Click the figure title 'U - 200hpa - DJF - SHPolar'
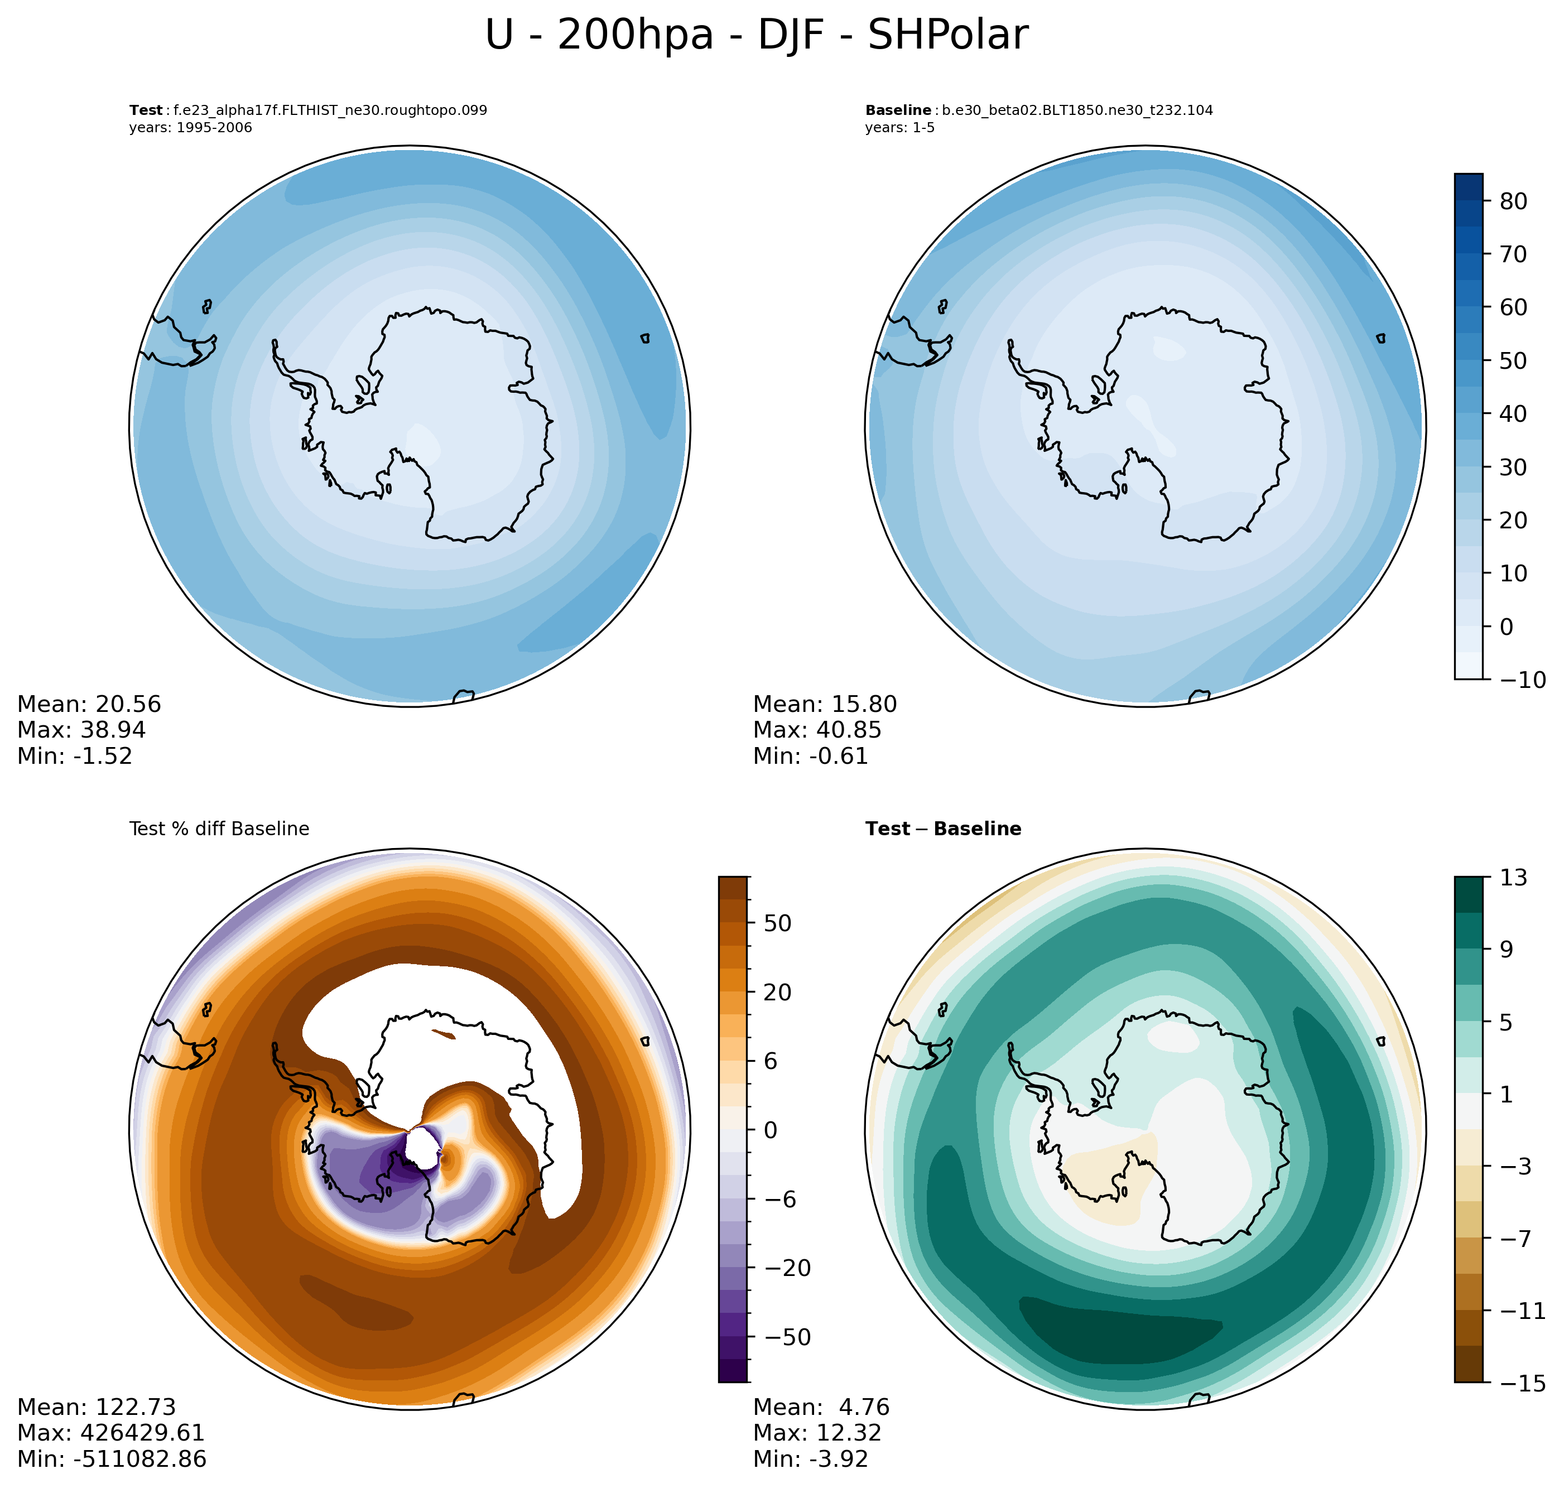coord(756,35)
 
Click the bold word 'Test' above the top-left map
coord(145,110)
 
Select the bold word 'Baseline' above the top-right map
coord(898,110)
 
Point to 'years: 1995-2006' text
coord(190,128)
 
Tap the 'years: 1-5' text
coord(899,128)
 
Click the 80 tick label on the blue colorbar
coord(1513,201)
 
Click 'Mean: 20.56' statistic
coord(89,704)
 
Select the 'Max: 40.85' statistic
coord(817,730)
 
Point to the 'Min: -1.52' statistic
coord(75,756)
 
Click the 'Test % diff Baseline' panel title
coord(219,829)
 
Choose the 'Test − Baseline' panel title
coord(943,829)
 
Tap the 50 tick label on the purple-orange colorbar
coord(777,923)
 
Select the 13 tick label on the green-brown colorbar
coord(1513,877)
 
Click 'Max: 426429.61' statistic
coord(111,1432)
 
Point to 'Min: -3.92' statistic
coord(811,1458)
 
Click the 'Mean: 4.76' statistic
coord(821,1407)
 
